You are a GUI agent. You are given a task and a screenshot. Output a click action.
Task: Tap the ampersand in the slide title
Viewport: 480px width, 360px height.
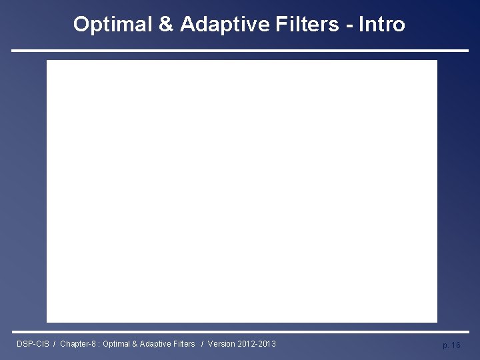coord(165,25)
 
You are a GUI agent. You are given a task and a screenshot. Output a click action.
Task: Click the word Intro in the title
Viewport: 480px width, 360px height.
coord(381,25)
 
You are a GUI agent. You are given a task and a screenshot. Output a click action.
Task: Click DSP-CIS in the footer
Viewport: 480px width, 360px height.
coord(33,344)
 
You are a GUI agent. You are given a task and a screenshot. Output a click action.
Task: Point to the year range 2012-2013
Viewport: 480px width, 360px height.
coord(256,344)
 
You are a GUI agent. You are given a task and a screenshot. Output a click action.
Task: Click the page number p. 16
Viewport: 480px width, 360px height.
coord(451,345)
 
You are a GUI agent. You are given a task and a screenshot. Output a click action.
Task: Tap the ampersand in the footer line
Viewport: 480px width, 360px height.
coord(137,344)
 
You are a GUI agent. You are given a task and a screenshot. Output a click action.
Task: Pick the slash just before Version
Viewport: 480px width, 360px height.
coord(201,344)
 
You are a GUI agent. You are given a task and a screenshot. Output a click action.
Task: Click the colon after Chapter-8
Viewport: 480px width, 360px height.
coord(100,344)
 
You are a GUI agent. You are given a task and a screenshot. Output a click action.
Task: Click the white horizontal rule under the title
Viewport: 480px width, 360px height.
coord(240,51)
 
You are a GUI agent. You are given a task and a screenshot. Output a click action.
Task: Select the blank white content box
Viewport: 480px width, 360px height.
coord(241,191)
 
